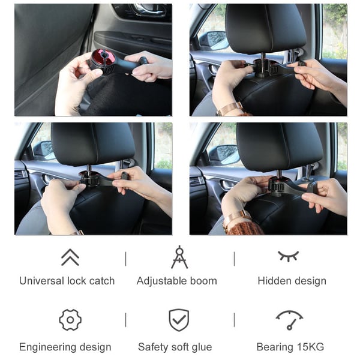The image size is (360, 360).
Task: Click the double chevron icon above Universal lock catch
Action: click(70, 257)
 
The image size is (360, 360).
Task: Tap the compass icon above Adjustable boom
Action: click(179, 257)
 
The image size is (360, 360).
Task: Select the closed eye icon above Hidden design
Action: click(288, 256)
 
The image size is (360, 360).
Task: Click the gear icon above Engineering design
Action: click(70, 320)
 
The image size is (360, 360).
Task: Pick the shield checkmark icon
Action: click(179, 320)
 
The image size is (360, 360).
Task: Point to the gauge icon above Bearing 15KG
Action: click(289, 319)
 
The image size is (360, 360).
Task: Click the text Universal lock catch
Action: click(67, 281)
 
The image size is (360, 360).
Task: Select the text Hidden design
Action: click(292, 281)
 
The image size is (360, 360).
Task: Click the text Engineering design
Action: click(65, 347)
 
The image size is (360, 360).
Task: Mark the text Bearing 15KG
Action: click(290, 347)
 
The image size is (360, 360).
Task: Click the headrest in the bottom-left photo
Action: click(92, 144)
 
